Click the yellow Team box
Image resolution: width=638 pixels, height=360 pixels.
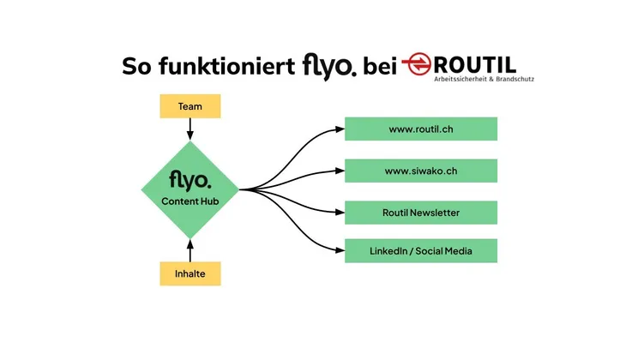pyautogui.click(x=190, y=106)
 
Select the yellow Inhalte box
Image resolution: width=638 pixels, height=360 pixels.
pyautogui.click(x=190, y=274)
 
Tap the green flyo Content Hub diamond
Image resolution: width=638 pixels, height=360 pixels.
pyautogui.click(x=190, y=189)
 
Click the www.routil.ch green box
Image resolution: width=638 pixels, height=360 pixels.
pyautogui.click(x=420, y=129)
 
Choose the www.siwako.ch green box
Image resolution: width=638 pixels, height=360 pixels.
pyautogui.click(x=420, y=171)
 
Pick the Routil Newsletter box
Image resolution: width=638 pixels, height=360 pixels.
pyautogui.click(x=420, y=213)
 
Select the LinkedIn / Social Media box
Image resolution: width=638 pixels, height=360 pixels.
pyautogui.click(x=420, y=251)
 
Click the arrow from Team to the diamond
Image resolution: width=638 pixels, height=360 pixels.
pyautogui.click(x=190, y=129)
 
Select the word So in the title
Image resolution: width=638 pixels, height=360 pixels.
pyautogui.click(x=137, y=65)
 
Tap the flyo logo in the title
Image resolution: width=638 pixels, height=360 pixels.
pyautogui.click(x=328, y=65)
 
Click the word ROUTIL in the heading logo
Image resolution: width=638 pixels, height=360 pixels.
pyautogui.click(x=476, y=63)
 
